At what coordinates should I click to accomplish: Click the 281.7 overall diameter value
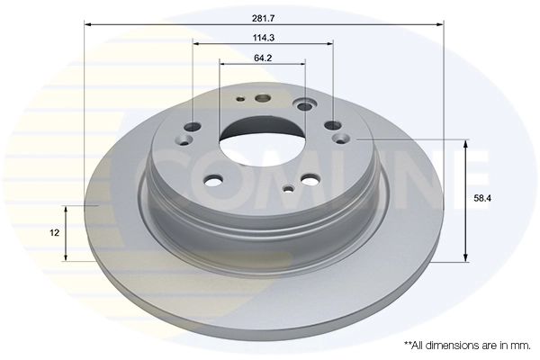(x=263, y=15)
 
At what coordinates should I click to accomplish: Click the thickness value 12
(x=55, y=232)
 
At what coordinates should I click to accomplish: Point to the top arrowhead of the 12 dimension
(x=65, y=209)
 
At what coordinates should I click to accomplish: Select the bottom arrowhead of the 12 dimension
(x=65, y=256)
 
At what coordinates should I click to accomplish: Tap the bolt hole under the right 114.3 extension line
(x=333, y=126)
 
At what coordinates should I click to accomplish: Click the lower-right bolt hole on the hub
(x=311, y=179)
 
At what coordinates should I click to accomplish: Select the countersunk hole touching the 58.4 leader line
(x=344, y=139)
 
